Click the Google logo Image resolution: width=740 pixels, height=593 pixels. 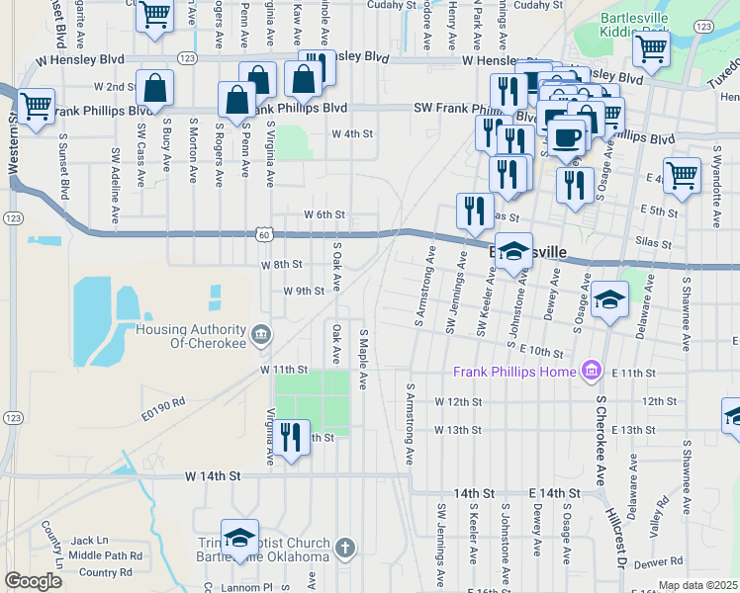(33, 581)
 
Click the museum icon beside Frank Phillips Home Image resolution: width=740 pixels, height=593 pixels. (592, 371)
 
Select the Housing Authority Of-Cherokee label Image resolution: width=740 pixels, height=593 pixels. (190, 336)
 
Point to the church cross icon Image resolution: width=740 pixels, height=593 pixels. (344, 547)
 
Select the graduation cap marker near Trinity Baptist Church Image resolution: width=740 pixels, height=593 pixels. (238, 538)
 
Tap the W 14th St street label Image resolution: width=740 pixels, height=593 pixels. (213, 475)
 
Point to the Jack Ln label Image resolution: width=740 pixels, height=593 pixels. (89, 541)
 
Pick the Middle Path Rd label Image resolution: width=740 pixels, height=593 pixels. (105, 555)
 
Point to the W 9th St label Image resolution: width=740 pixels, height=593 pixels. (304, 292)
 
